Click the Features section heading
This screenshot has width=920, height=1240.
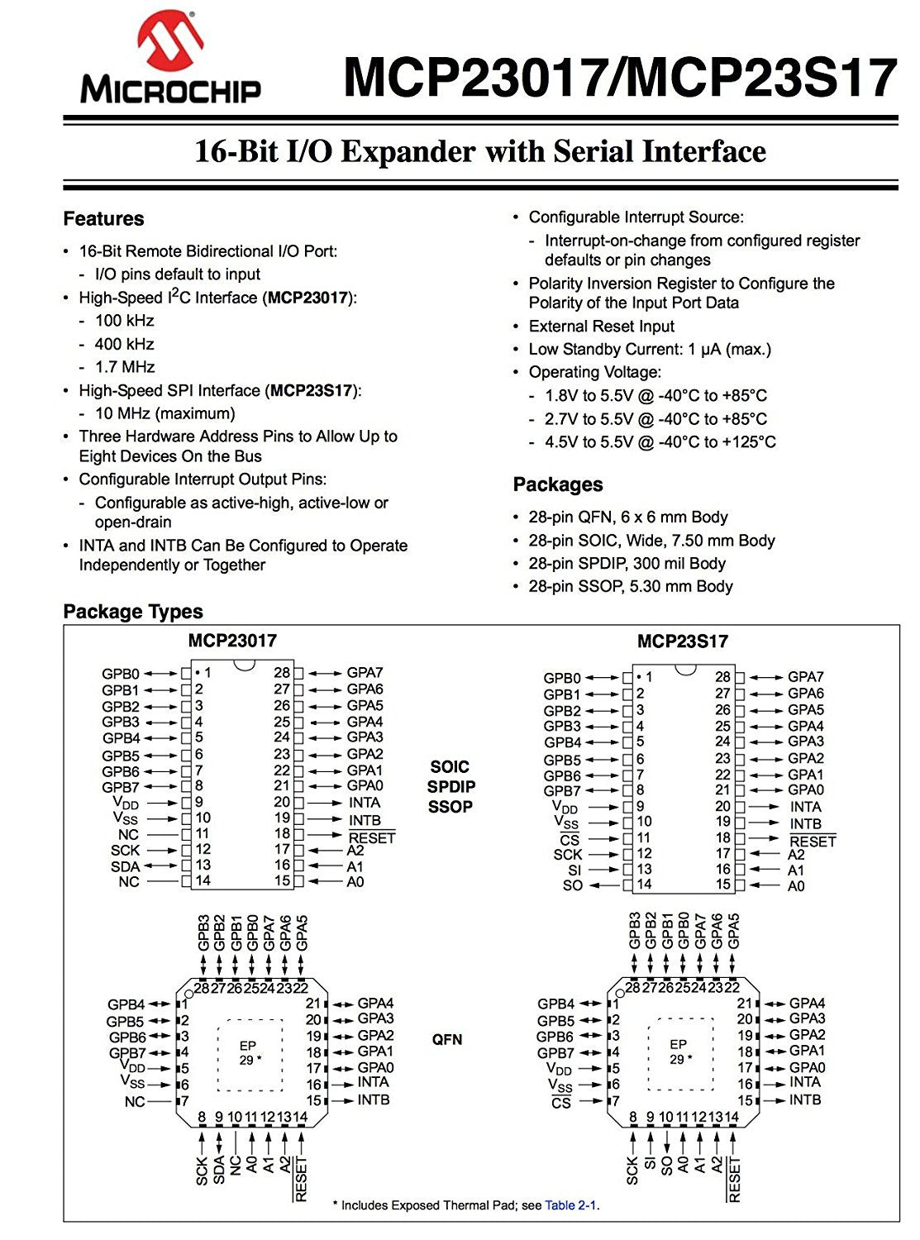pyautogui.click(x=103, y=219)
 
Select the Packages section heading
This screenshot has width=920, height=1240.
pyautogui.click(x=558, y=484)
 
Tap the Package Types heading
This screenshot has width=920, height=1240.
pyautogui.click(x=133, y=612)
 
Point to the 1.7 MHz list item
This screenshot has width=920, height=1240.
pyautogui.click(x=125, y=367)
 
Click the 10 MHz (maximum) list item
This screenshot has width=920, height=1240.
pyautogui.click(x=164, y=413)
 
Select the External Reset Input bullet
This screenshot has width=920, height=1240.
pyautogui.click(x=601, y=327)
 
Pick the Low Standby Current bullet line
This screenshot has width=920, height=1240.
pyautogui.click(x=649, y=350)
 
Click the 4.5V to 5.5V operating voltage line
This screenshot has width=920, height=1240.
pyautogui.click(x=660, y=442)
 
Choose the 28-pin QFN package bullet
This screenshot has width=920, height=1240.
pyautogui.click(x=627, y=517)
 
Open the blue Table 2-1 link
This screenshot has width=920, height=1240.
pyautogui.click(x=570, y=1205)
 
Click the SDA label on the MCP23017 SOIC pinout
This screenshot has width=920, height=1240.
pyautogui.click(x=125, y=866)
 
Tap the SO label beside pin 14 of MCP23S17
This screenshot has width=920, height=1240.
pyautogui.click(x=573, y=886)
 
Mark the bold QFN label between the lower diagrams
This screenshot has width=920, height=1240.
pyautogui.click(x=447, y=1039)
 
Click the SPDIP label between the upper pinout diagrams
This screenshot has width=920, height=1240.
pyautogui.click(x=451, y=787)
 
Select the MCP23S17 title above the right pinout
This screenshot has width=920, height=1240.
pyautogui.click(x=682, y=641)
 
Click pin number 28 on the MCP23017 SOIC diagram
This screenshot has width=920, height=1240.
pyautogui.click(x=282, y=673)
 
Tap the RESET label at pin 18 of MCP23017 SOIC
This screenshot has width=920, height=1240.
pyautogui.click(x=372, y=838)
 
